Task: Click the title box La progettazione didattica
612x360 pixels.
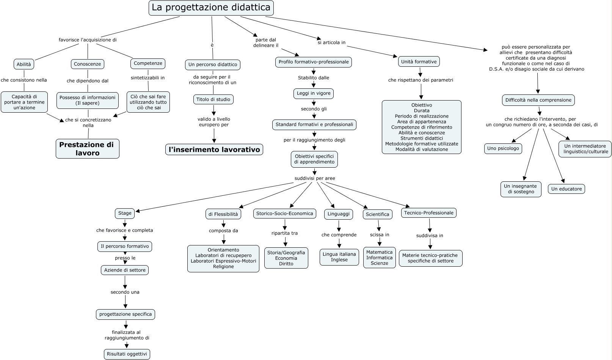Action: [211, 8]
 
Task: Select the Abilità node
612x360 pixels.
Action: [24, 64]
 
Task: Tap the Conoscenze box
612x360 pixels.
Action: [88, 64]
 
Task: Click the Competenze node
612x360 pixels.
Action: [148, 63]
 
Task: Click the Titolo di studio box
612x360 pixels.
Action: [213, 99]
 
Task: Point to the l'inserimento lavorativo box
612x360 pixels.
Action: [214, 150]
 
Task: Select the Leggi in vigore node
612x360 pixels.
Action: [314, 93]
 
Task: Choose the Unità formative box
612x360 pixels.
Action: [419, 61]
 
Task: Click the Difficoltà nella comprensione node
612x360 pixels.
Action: [538, 100]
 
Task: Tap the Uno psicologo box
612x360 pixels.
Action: [503, 148]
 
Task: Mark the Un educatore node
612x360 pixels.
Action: [566, 189]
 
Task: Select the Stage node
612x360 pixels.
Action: [125, 213]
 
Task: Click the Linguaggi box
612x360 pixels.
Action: [339, 214]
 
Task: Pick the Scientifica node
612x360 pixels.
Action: [377, 214]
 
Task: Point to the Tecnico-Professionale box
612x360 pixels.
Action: [428, 213]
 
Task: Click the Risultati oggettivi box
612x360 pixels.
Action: [127, 354]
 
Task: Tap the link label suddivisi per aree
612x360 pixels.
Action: [315, 178]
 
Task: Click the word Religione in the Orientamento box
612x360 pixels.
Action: [223, 267]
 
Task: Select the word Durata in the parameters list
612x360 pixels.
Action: [422, 111]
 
